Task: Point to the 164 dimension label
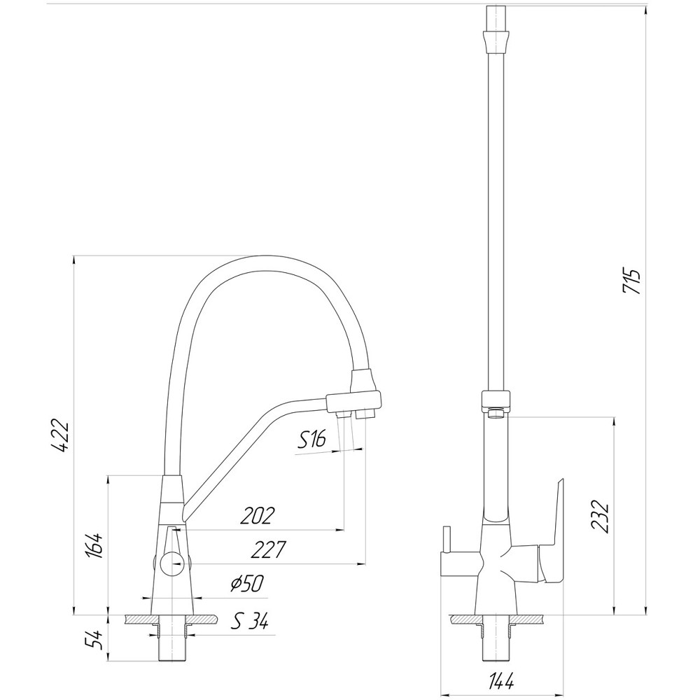[x=96, y=545]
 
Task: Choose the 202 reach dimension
[x=257, y=515]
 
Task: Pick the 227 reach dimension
[x=268, y=550]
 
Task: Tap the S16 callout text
[x=312, y=440]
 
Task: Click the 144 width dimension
[x=501, y=680]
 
